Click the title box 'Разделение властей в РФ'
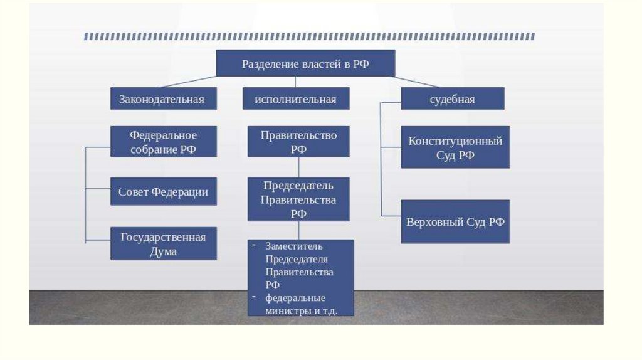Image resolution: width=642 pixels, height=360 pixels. pyautogui.click(x=305, y=64)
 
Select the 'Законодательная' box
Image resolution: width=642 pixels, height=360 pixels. pyautogui.click(x=164, y=99)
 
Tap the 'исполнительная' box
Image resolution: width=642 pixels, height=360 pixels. pyautogui.click(x=296, y=99)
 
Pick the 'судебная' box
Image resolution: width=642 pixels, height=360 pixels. pyautogui.click(x=452, y=99)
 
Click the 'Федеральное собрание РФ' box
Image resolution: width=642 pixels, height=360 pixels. pyautogui.click(x=164, y=142)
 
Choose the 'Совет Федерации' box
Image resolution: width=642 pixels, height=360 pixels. pyautogui.click(x=164, y=191)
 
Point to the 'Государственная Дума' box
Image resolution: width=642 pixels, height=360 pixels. pyautogui.click(x=164, y=243)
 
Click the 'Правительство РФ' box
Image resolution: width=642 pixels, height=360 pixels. pyautogui.click(x=298, y=142)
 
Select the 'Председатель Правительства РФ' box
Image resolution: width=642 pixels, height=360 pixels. pyautogui.click(x=298, y=199)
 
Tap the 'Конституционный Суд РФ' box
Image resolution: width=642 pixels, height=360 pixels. pyautogui.click(x=455, y=147)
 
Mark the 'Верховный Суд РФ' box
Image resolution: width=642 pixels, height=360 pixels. pyautogui.click(x=455, y=222)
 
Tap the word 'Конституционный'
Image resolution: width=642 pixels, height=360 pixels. pyautogui.click(x=455, y=141)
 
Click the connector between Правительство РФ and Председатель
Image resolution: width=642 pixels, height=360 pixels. pyautogui.click(x=298, y=167)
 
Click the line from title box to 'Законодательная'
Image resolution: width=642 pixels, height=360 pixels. pyautogui.click(x=188, y=82)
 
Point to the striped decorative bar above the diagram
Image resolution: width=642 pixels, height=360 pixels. pyautogui.click(x=309, y=37)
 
